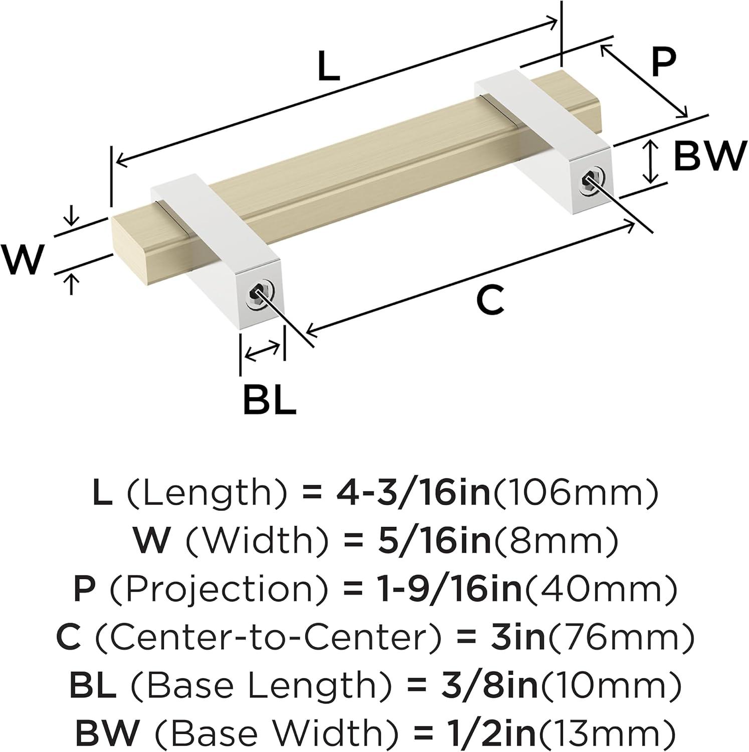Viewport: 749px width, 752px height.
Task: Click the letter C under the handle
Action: click(489, 301)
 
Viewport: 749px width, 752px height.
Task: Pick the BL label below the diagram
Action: click(269, 399)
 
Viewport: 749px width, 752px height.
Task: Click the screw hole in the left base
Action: click(256, 295)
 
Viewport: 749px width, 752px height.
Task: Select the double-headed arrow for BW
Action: click(650, 161)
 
